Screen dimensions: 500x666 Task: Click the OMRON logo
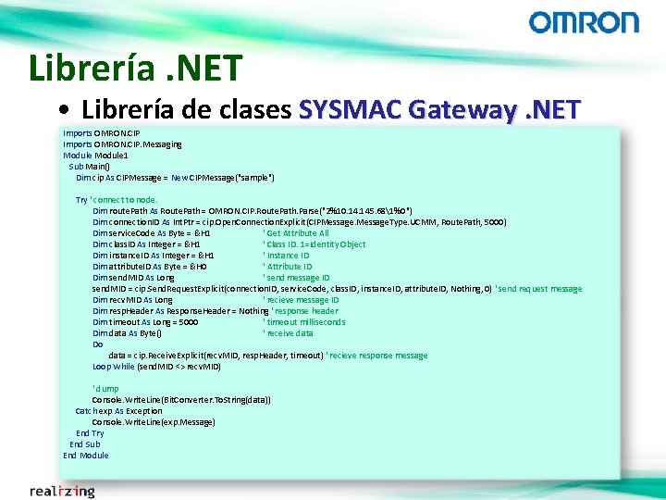tap(583, 23)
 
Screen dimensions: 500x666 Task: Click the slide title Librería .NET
tap(135, 68)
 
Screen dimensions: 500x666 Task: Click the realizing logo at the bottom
tap(62, 491)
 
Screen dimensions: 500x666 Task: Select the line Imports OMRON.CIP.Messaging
tap(122, 144)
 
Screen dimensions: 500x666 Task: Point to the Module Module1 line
tap(96, 155)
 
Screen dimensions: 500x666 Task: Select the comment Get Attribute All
tap(298, 233)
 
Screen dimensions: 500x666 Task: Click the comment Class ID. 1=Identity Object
tap(314, 244)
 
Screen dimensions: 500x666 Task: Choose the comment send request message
tap(539, 289)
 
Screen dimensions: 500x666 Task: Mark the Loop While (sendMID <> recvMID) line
tap(156, 367)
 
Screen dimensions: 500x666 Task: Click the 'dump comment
tap(105, 389)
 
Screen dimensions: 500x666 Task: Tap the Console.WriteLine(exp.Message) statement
tap(154, 422)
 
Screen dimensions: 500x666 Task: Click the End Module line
tap(86, 456)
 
